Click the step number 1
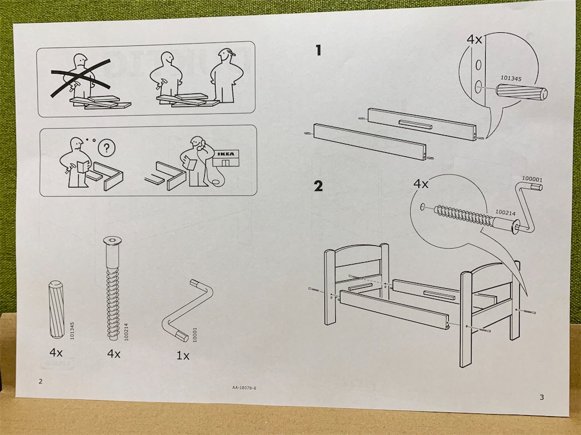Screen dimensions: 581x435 pos(318,50)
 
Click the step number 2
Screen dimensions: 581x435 pos(318,186)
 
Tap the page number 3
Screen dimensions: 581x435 pos(542,397)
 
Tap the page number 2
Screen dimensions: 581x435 pos(40,381)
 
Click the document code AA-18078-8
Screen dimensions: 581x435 pos(244,387)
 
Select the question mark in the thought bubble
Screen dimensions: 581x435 pos(107,148)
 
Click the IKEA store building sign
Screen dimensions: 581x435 pos(226,153)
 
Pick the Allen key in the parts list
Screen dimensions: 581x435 pos(187,310)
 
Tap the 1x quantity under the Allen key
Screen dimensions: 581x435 pos(183,356)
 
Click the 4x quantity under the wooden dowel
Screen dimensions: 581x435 pos(56,352)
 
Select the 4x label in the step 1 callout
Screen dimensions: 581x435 pos(474,39)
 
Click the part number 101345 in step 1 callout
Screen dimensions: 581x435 pos(511,78)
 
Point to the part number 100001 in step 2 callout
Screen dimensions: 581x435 pos(532,180)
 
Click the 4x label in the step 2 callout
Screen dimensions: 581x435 pos(420,184)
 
